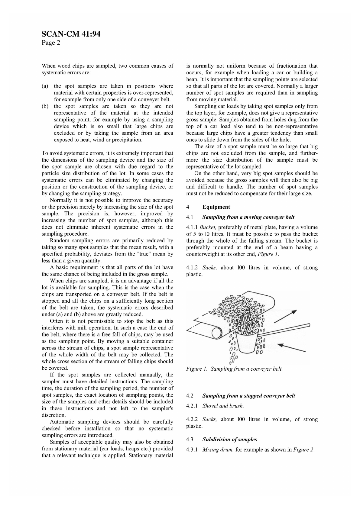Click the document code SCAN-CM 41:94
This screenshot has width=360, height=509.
[71, 34]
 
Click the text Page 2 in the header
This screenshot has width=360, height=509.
[51, 43]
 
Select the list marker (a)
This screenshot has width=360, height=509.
[45, 86]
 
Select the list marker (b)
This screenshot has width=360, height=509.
[45, 106]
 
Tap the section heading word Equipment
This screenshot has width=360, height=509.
[216, 207]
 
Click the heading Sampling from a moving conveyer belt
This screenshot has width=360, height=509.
[248, 217]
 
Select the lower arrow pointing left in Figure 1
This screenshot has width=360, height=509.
[292, 347]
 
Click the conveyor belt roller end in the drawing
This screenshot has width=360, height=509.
[217, 333]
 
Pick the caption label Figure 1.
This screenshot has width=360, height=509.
[197, 369]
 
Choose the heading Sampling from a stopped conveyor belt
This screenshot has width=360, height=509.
[248, 396]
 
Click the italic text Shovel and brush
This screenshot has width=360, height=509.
[223, 406]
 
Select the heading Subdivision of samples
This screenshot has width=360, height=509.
[229, 440]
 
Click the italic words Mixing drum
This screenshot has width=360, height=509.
[218, 449]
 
